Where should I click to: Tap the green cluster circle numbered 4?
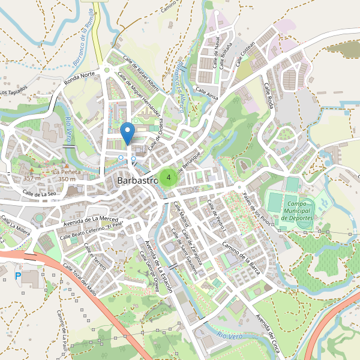click(x=169, y=178)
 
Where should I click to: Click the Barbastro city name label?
click(x=137, y=180)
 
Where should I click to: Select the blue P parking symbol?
click(x=17, y=275)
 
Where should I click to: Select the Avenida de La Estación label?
click(x=158, y=264)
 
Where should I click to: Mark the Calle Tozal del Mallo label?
click(x=80, y=281)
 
